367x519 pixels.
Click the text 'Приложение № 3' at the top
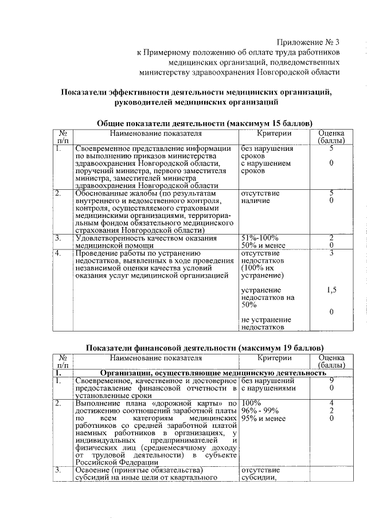[x=309, y=42]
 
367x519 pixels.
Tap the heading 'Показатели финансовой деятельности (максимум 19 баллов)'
[x=204, y=348]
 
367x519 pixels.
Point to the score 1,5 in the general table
[x=331, y=290]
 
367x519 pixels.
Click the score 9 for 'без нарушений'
[x=331, y=380]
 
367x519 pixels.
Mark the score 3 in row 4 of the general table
[x=331, y=253]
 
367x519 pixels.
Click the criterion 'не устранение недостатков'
[x=266, y=323]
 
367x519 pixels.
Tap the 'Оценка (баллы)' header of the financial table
[x=331, y=361]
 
